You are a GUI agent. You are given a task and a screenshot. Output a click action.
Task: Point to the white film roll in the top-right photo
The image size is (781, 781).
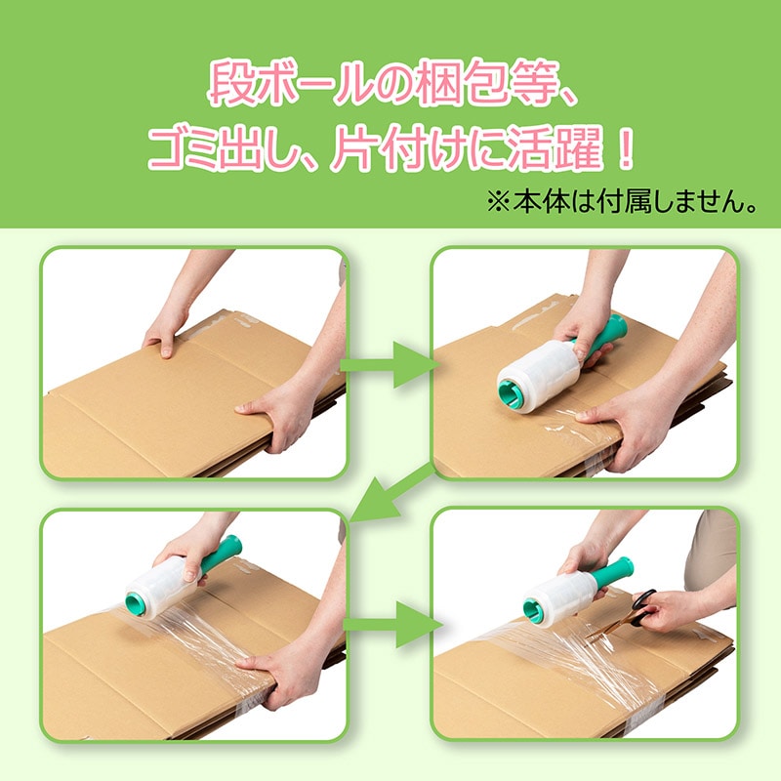[x=539, y=375]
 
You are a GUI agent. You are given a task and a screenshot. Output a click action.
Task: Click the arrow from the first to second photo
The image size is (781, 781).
[x=389, y=365]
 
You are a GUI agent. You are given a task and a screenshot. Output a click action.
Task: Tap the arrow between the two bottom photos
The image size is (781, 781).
[x=392, y=625]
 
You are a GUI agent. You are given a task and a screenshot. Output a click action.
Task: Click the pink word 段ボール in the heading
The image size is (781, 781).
[x=290, y=82]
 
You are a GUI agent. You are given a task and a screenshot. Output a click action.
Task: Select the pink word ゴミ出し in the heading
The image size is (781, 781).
[x=222, y=148]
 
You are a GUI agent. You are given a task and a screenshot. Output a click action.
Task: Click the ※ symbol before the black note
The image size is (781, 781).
[x=498, y=202]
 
